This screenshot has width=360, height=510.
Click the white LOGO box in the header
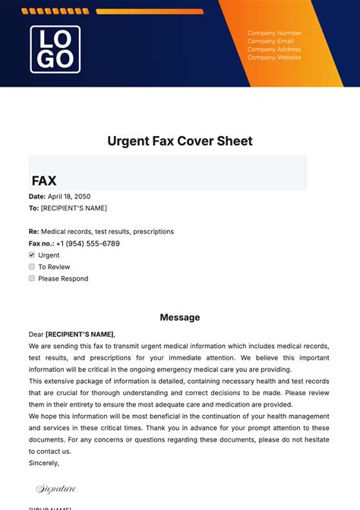(55, 49)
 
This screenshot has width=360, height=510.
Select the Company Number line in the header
(274, 33)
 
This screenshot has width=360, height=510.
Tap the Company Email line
(270, 41)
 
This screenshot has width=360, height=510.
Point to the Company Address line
(274, 49)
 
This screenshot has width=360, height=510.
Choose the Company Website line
(274, 58)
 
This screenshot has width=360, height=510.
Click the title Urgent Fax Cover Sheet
(180, 141)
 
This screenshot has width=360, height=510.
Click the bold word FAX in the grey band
(44, 181)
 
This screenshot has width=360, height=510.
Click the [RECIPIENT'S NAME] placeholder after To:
(74, 207)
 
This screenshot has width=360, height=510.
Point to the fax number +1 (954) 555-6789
(87, 243)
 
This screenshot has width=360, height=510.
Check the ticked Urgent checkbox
(32, 255)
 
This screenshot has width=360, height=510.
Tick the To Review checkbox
(32, 267)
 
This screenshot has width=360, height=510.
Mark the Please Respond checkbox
(32, 278)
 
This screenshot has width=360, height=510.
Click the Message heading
(180, 317)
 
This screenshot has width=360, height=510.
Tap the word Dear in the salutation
(36, 334)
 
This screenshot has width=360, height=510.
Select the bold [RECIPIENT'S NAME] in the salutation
(80, 334)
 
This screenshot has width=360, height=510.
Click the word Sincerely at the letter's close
(43, 462)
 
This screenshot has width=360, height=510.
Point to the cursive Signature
(56, 489)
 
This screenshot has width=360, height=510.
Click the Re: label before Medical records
(34, 231)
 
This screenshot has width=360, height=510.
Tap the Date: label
(37, 196)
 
